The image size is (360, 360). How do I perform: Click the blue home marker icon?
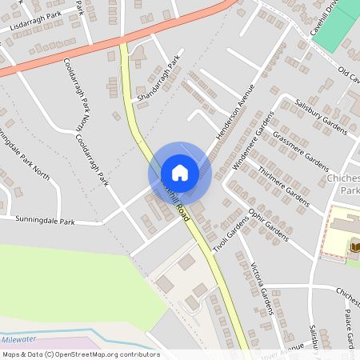(180, 173)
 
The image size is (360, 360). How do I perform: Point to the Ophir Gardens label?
(267, 226)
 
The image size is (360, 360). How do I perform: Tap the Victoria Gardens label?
(265, 287)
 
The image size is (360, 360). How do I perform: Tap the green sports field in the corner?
(336, 28)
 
